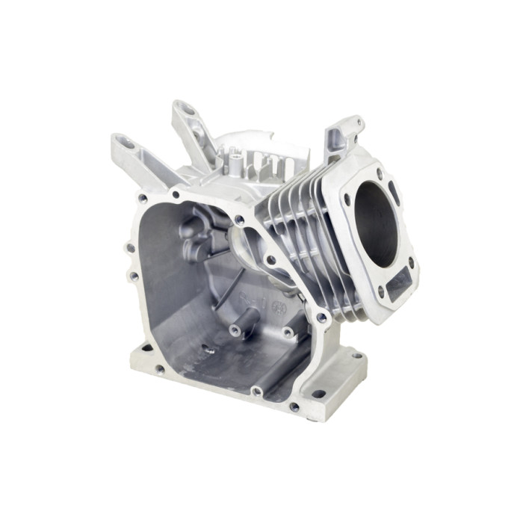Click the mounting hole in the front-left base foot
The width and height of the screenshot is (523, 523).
pyautogui.click(x=159, y=369)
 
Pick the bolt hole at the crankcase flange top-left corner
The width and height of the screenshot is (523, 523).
pyautogui.click(x=141, y=199)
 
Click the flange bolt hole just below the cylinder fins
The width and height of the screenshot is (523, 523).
pyautogui.click(x=322, y=318)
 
